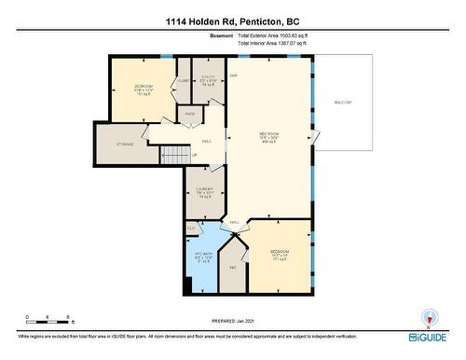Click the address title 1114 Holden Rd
point(233,21)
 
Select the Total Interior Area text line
point(274,44)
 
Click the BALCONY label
point(346,102)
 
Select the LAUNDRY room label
point(205,190)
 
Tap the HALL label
point(206,142)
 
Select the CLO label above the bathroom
point(191,227)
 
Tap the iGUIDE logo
point(427,335)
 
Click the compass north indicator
point(429,316)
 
